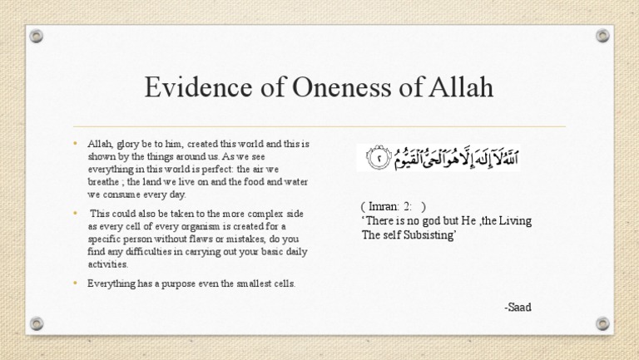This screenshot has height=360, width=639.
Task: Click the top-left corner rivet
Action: [36, 37]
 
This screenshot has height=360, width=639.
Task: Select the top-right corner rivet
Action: [603, 37]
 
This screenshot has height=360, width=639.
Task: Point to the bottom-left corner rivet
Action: [36, 323]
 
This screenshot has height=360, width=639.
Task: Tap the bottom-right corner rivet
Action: [603, 323]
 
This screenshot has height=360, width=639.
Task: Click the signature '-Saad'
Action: [518, 308]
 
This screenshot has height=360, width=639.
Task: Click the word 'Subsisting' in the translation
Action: [432, 235]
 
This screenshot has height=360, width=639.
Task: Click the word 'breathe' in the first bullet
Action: [104, 182]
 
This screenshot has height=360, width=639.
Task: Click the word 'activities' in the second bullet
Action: [107, 264]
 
